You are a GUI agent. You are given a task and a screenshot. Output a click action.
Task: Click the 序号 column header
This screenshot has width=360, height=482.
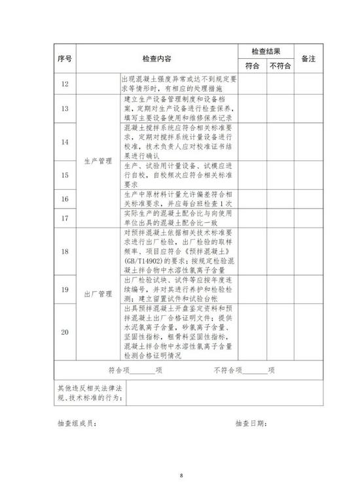[x=63, y=58]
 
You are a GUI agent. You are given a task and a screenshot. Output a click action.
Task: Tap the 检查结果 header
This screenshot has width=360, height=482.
[x=266, y=51]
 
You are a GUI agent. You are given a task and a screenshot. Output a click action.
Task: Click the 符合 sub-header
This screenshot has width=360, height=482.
[x=252, y=66]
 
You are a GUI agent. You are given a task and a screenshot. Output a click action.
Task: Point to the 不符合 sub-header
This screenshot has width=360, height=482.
[x=279, y=66]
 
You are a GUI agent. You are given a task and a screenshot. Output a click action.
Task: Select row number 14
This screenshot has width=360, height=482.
[x=63, y=142]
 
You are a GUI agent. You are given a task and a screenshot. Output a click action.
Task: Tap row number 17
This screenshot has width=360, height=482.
[x=63, y=218]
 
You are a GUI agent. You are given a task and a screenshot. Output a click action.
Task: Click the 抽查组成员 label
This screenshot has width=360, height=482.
[x=77, y=424]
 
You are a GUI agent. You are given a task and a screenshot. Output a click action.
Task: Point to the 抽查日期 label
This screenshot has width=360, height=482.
[x=251, y=424]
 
